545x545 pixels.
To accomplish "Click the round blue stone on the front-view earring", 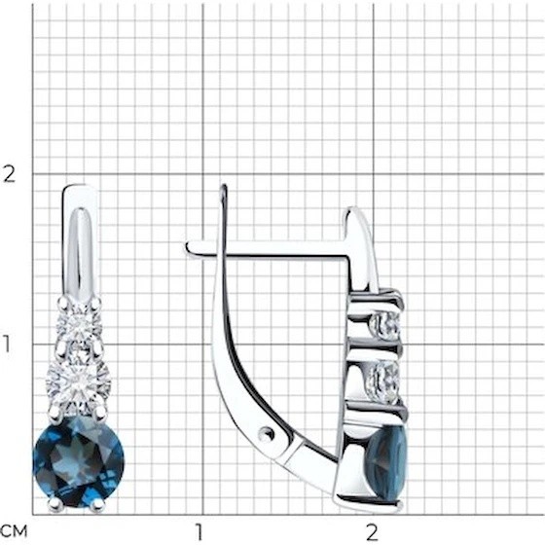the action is point(79,462).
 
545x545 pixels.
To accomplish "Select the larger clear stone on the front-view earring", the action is point(79,383).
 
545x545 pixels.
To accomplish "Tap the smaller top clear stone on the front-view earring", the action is point(79,326).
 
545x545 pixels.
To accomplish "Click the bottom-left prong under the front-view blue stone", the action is point(55,504).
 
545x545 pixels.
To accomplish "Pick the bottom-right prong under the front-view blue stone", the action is point(97,505).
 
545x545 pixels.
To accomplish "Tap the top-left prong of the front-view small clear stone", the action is point(64,303).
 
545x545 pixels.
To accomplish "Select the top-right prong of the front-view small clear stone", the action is point(95,303).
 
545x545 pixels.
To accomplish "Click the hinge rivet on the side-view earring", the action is point(267,433).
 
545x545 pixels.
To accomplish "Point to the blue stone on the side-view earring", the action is point(387,462).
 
